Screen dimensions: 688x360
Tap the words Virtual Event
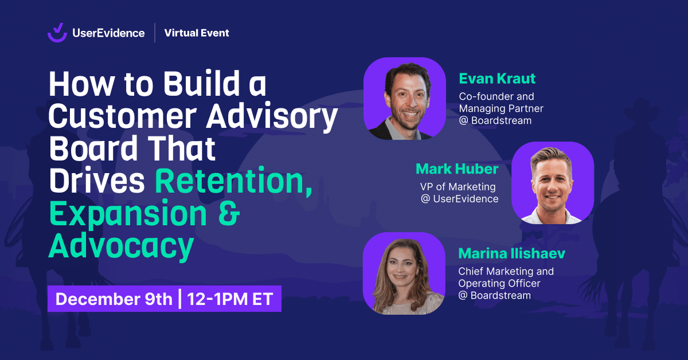click(197, 33)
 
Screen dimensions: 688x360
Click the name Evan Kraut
click(497, 79)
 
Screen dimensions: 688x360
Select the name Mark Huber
click(457, 169)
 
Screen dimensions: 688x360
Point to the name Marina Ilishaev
click(511, 253)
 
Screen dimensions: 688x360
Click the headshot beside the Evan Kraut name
click(405, 99)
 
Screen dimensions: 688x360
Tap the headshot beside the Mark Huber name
click(553, 183)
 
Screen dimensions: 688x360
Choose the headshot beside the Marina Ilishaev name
click(404, 273)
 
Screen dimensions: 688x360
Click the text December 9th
click(114, 299)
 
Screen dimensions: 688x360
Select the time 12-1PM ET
click(230, 299)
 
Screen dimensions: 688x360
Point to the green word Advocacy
click(122, 246)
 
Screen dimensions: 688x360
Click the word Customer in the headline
click(122, 116)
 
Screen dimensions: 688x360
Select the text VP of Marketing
click(458, 187)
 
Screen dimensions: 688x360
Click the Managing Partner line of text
click(501, 108)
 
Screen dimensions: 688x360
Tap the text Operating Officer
click(499, 283)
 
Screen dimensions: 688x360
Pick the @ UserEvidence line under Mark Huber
click(459, 199)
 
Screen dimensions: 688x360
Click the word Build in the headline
click(201, 84)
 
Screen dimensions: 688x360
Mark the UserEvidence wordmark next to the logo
click(108, 33)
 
